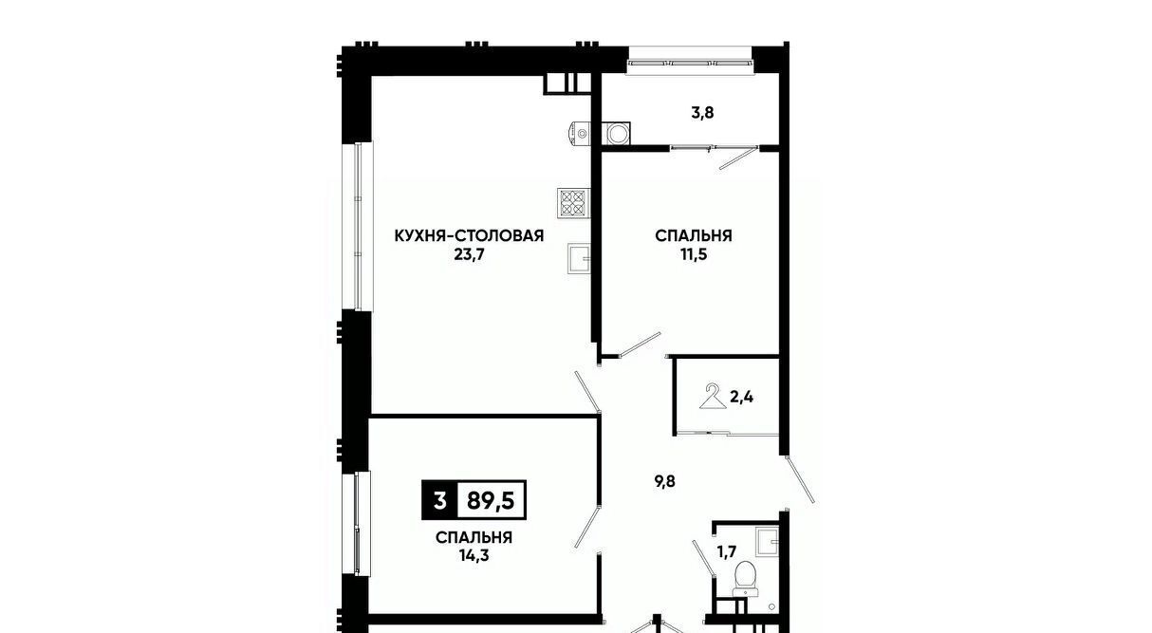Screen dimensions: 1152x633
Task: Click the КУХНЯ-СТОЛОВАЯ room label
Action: coord(469,236)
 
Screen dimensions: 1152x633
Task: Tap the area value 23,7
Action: coord(469,254)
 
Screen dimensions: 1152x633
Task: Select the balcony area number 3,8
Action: coord(702,113)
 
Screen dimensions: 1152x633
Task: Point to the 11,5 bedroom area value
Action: coord(694,254)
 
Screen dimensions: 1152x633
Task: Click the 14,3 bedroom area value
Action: coord(474,555)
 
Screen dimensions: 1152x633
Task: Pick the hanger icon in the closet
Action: coord(713,397)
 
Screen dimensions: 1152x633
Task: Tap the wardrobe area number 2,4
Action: coord(742,397)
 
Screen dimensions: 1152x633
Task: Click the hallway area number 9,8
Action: coord(665,482)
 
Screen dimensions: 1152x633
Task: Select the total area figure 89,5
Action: coord(491,500)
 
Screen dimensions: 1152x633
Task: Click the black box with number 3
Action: coord(439,500)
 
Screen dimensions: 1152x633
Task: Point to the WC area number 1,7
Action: coord(727,552)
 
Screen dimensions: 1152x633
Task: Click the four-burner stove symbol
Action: coord(573,203)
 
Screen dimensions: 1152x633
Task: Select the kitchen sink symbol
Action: coord(579,258)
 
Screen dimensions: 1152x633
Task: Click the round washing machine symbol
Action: coord(616,134)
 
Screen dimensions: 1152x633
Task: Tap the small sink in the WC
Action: coord(767,542)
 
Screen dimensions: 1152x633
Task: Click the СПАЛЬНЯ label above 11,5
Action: coord(694,236)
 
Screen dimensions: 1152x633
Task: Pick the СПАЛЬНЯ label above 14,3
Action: coord(474,537)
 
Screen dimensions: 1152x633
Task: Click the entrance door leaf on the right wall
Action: coord(800,479)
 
